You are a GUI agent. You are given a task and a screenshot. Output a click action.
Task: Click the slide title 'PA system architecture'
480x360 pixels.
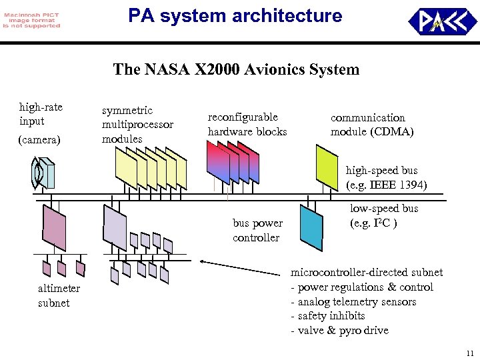point(235,15)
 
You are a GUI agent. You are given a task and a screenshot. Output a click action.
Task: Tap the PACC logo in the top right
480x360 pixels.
point(443,21)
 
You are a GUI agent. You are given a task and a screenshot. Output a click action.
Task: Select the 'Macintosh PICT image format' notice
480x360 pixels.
point(31,19)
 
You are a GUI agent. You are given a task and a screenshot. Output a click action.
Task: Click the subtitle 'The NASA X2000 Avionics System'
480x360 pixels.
point(236,69)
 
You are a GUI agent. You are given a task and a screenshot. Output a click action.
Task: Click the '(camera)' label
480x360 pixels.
point(39,141)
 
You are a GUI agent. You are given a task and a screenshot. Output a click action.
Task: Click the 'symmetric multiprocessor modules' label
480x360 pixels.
point(137,125)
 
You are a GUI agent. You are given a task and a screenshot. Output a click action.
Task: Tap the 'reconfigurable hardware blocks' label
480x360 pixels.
point(247,124)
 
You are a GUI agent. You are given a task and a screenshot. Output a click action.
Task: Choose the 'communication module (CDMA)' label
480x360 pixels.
point(372,125)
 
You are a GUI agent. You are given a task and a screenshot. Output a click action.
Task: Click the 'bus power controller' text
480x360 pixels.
point(257,230)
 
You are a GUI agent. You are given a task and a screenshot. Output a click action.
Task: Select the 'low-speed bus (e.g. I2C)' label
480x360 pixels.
point(384,215)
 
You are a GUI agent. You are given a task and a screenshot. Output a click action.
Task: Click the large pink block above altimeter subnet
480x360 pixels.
point(54,227)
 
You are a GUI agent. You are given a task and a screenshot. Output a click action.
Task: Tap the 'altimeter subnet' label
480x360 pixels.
point(59,295)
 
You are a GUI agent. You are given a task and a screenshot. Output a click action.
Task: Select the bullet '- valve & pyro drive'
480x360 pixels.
point(339,331)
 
